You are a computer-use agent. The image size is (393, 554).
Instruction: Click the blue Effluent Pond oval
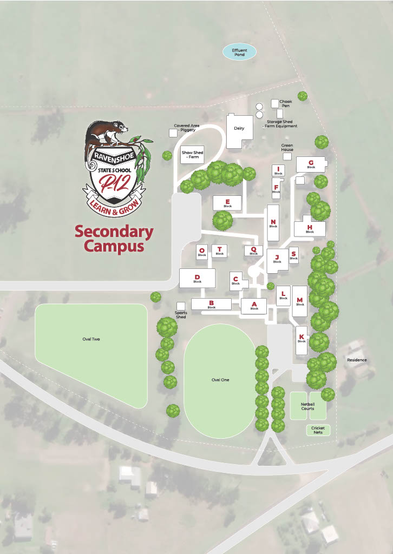[239, 52]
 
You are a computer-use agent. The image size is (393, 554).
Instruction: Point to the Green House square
[287, 156]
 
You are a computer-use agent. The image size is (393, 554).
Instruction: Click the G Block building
[311, 164]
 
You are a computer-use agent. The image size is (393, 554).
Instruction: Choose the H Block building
[310, 228]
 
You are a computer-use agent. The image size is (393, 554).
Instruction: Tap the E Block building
[227, 203]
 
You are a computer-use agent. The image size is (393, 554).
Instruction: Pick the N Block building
[273, 223]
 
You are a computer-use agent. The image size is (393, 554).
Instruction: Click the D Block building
[197, 278]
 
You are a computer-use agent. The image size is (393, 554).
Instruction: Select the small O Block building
[202, 252]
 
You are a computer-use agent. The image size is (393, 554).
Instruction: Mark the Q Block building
[253, 250]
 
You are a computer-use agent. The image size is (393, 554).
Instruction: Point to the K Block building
[302, 339]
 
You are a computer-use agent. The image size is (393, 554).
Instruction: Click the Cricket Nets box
[318, 430]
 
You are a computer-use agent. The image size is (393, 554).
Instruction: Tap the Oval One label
[220, 380]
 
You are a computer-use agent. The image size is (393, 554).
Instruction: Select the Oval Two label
[91, 339]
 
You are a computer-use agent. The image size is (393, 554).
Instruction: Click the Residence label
[357, 360]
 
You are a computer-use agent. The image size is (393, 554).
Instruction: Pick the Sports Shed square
[181, 306]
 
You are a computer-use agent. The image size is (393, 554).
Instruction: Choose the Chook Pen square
[275, 103]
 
